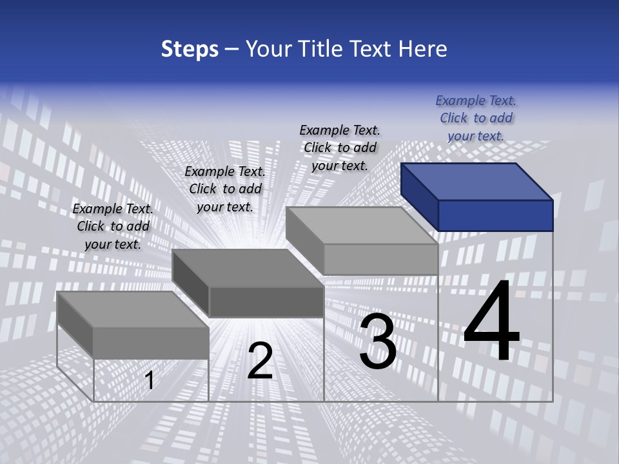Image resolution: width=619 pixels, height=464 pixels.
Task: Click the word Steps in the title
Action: pyautogui.click(x=190, y=49)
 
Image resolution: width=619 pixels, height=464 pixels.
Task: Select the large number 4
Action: pyautogui.click(x=491, y=322)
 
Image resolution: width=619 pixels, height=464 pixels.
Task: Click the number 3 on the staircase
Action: pyautogui.click(x=378, y=342)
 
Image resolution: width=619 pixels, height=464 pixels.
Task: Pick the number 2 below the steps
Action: pyautogui.click(x=260, y=361)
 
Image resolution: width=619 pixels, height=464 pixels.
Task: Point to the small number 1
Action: pyautogui.click(x=150, y=380)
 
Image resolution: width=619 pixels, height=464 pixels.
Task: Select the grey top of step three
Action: pyautogui.click(x=361, y=226)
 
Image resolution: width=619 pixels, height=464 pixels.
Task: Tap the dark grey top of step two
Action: pyautogui.click(x=248, y=268)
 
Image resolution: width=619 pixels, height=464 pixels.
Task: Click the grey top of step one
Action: pyautogui.click(x=133, y=309)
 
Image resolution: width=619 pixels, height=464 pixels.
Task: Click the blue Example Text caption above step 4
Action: pyautogui.click(x=476, y=118)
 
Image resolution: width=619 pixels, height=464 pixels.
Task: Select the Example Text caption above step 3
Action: pyautogui.click(x=340, y=148)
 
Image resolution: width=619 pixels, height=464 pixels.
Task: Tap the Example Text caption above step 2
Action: pyautogui.click(x=225, y=189)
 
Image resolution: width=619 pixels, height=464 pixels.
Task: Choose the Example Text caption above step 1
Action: pyautogui.click(x=113, y=226)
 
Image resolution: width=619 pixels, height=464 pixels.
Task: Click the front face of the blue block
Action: pyautogui.click(x=495, y=215)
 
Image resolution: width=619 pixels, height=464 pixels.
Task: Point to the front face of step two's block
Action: pyautogui.click(x=266, y=302)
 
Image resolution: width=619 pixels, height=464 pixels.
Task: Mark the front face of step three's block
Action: pyautogui.click(x=380, y=259)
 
